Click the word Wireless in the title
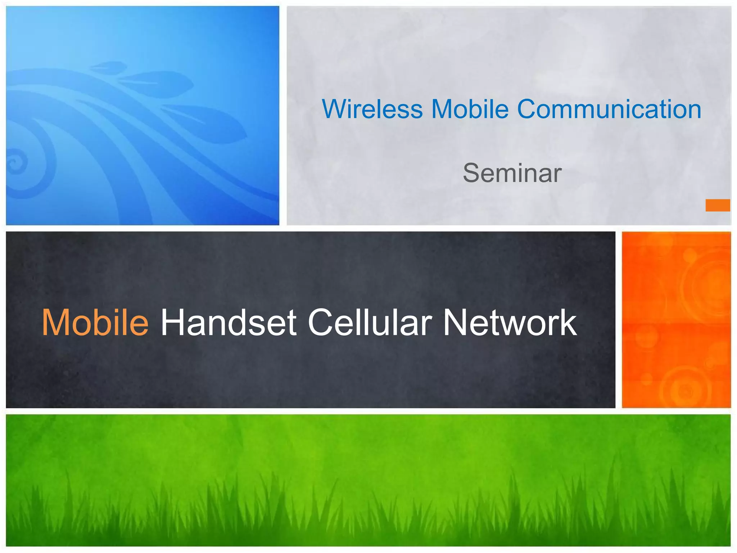click(372, 109)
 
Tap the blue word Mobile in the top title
click(470, 109)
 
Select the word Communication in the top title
click(609, 109)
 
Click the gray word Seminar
click(512, 173)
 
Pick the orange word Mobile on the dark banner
click(95, 323)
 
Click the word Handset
click(229, 323)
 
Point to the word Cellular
click(370, 323)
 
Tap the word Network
click(510, 323)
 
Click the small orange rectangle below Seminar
click(718, 205)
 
